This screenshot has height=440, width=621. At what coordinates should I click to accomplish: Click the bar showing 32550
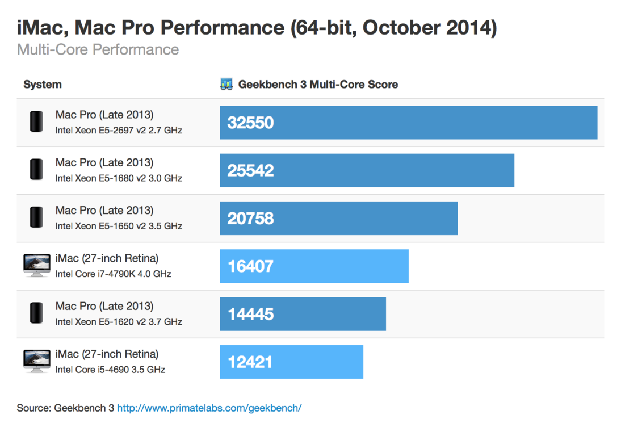pos(408,123)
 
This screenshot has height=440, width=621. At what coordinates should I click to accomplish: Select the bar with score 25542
pos(367,170)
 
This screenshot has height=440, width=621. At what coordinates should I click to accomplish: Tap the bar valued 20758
pos(338,218)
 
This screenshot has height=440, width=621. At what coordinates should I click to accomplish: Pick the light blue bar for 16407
pos(314,266)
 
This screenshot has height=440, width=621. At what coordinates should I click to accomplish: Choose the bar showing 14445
pos(303,314)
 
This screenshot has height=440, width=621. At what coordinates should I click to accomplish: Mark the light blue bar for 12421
pos(291,362)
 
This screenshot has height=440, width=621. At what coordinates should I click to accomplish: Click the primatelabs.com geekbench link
pos(209,408)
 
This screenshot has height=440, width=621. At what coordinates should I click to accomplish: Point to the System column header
pos(43,85)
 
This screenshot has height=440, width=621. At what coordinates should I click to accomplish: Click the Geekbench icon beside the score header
pos(226,85)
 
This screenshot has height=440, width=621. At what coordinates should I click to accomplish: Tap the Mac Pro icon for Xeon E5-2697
pos(36,122)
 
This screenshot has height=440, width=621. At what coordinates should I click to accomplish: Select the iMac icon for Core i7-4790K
pos(37,266)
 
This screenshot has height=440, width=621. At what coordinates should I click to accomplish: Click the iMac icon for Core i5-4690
pos(37,361)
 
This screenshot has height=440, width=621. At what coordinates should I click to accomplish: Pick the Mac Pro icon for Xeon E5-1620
pos(36,313)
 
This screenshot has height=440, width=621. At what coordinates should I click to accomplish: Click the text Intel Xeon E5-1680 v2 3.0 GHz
pos(119,178)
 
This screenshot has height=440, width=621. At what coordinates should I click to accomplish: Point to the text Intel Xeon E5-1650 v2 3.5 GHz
pos(119,226)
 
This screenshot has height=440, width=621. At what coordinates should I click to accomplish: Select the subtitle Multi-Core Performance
pos(98,49)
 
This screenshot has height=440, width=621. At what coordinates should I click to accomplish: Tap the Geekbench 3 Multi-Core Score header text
pos(318,85)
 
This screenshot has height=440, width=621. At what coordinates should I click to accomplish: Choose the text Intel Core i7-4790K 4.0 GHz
pos(113,274)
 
